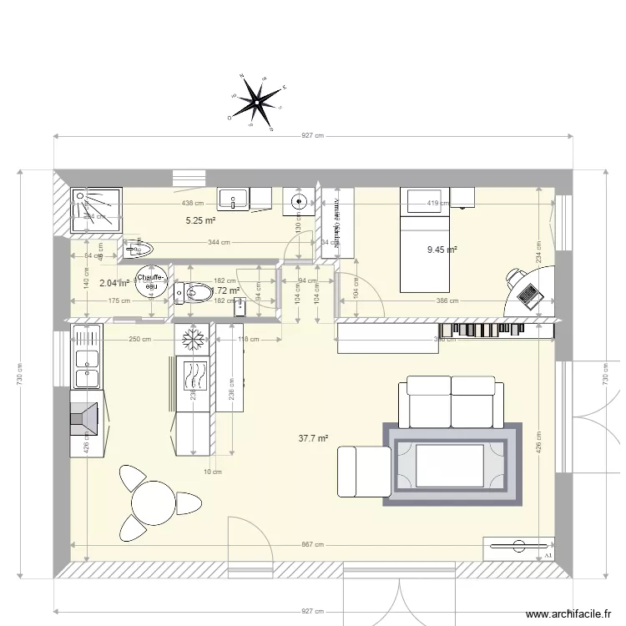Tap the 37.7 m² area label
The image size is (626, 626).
tap(314, 437)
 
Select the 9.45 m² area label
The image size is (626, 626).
tap(442, 249)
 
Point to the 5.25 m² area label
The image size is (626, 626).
tap(200, 221)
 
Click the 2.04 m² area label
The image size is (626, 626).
tap(114, 283)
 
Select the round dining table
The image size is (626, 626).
tap(153, 504)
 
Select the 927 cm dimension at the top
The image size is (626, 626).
tap(313, 135)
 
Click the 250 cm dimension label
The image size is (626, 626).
tap(140, 339)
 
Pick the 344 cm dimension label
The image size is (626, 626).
tap(219, 242)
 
